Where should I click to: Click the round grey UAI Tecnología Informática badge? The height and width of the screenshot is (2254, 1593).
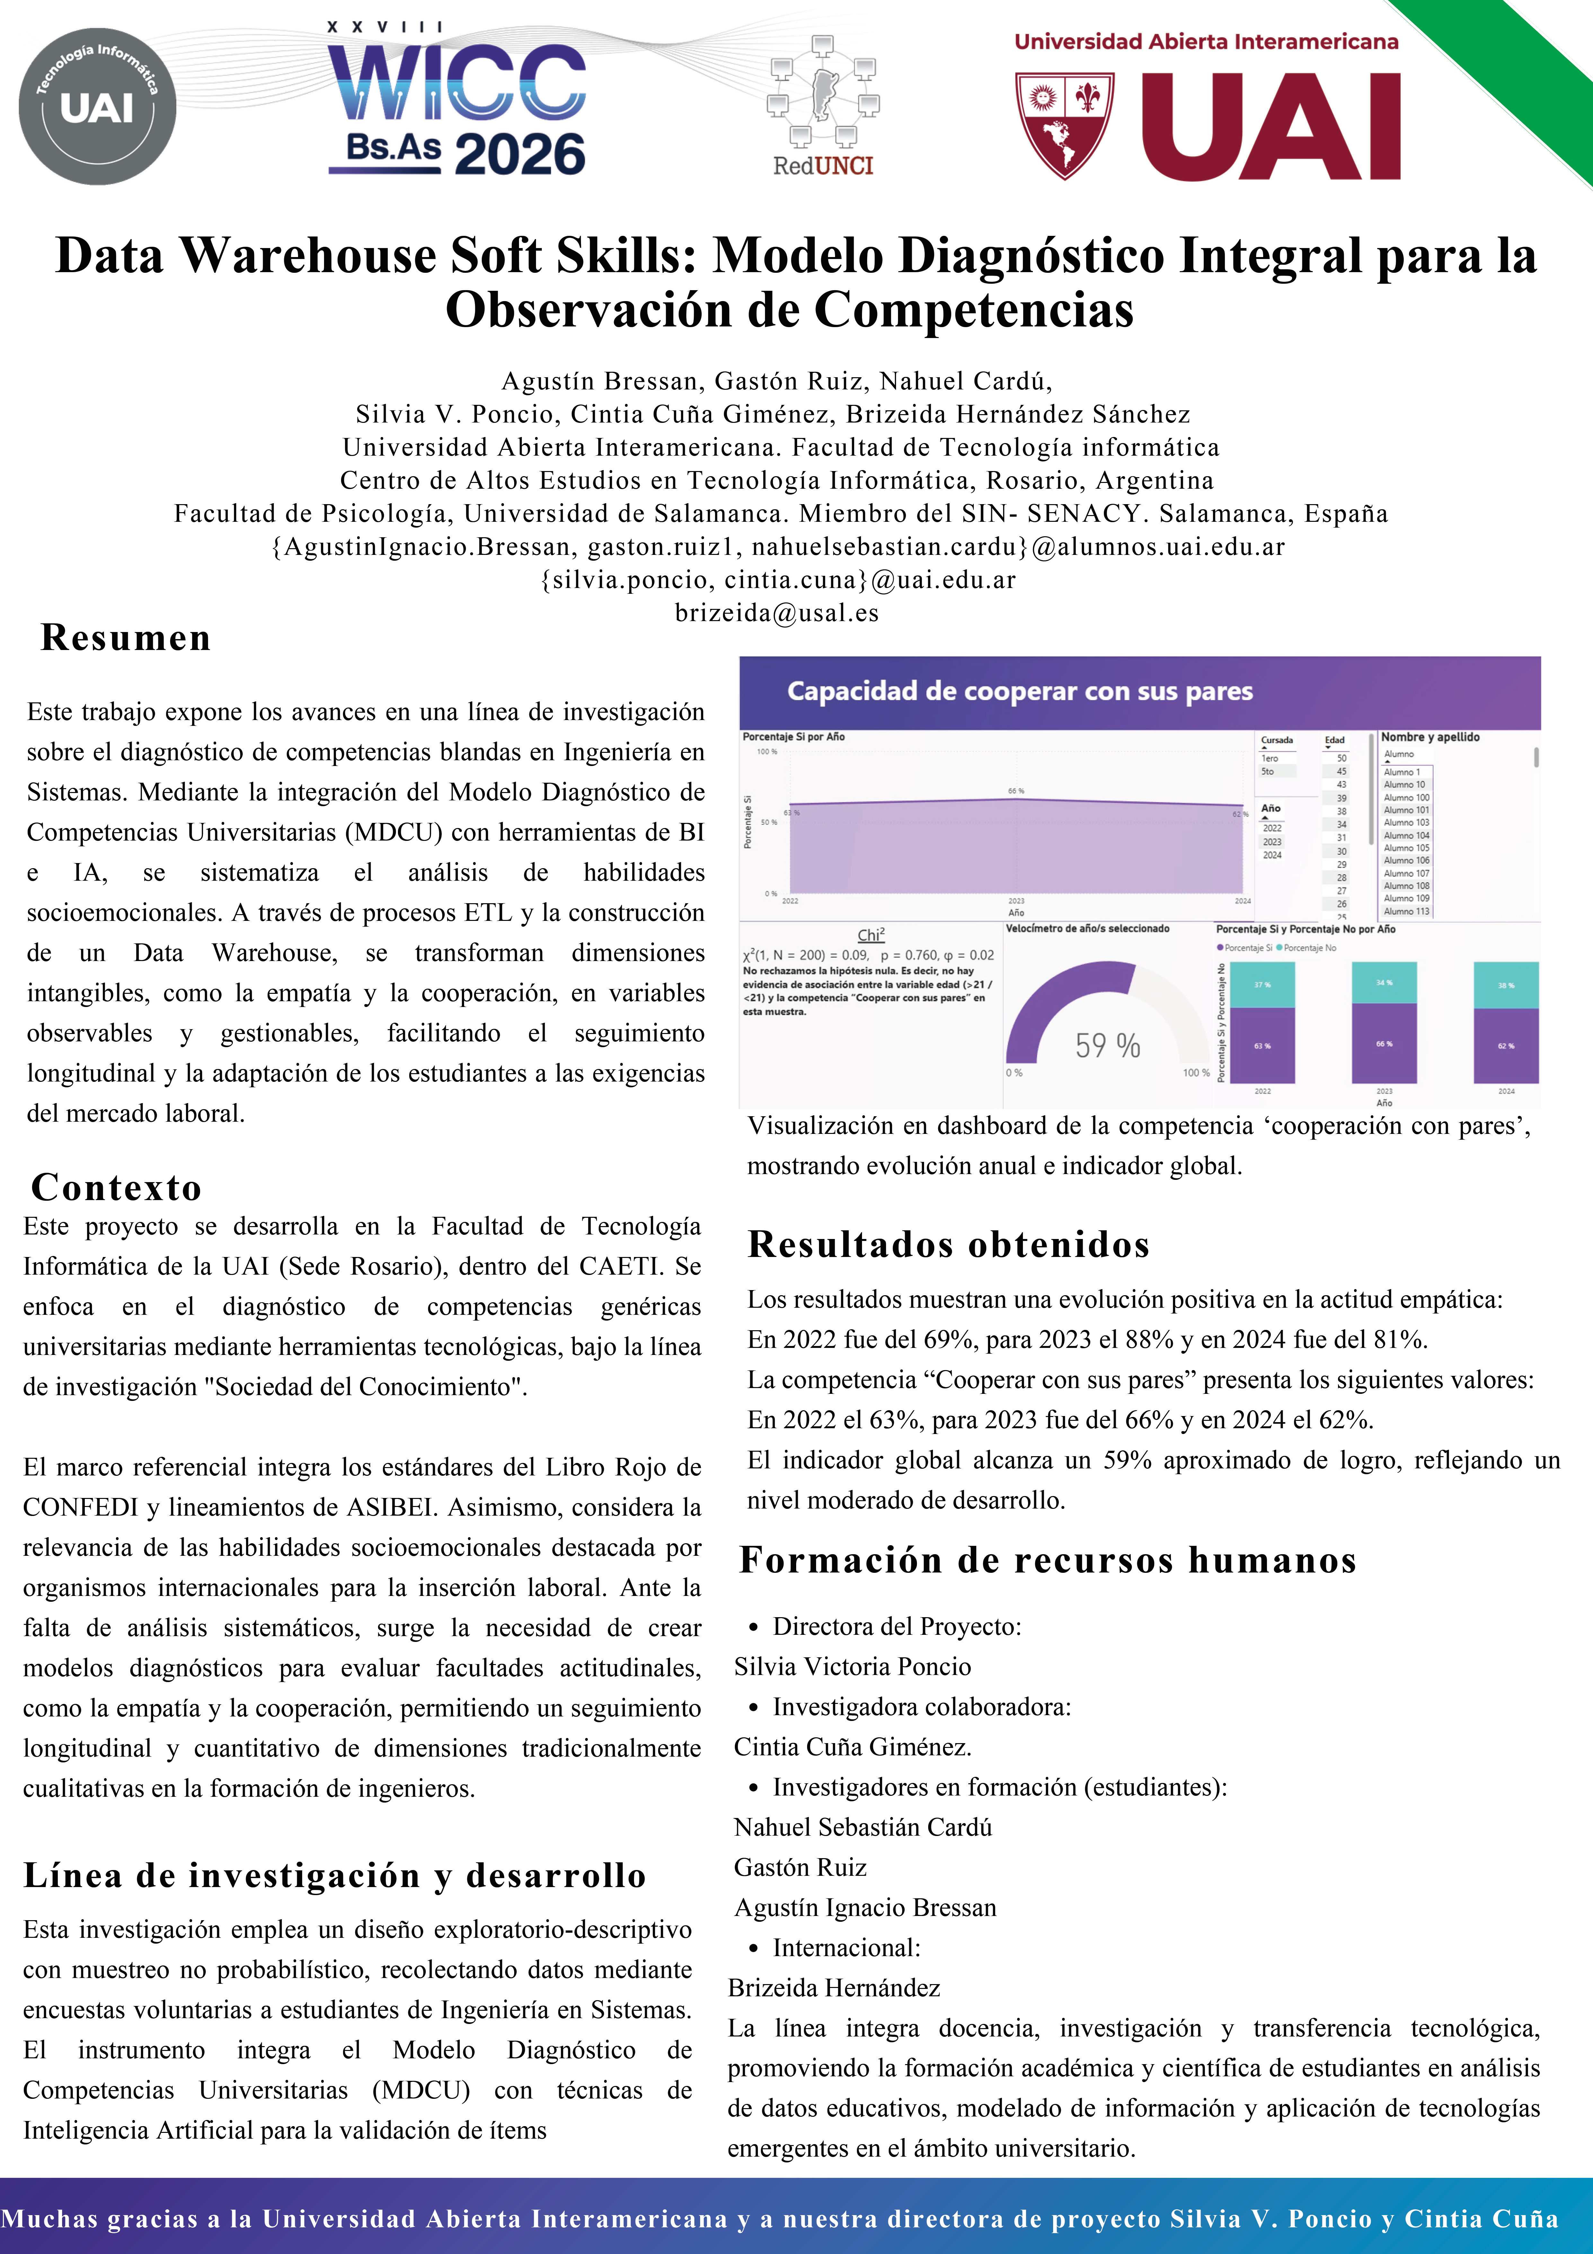(x=97, y=106)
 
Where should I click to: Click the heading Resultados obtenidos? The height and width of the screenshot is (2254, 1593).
(x=948, y=1244)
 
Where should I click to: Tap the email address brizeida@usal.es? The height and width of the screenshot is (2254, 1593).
(x=776, y=613)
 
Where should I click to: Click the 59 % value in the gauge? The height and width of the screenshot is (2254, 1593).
(x=1107, y=1046)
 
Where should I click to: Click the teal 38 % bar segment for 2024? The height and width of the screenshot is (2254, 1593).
(x=1506, y=984)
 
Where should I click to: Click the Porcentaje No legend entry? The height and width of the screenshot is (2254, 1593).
(x=1308, y=947)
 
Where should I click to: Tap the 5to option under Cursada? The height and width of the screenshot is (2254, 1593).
(x=1268, y=771)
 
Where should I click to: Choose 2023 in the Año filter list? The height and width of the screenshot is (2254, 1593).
(x=1272, y=841)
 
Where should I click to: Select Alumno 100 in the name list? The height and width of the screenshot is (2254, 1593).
(x=1406, y=797)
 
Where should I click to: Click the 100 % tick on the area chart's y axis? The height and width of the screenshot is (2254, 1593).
(x=767, y=752)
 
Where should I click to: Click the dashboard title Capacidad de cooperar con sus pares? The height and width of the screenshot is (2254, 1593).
(x=1020, y=691)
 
